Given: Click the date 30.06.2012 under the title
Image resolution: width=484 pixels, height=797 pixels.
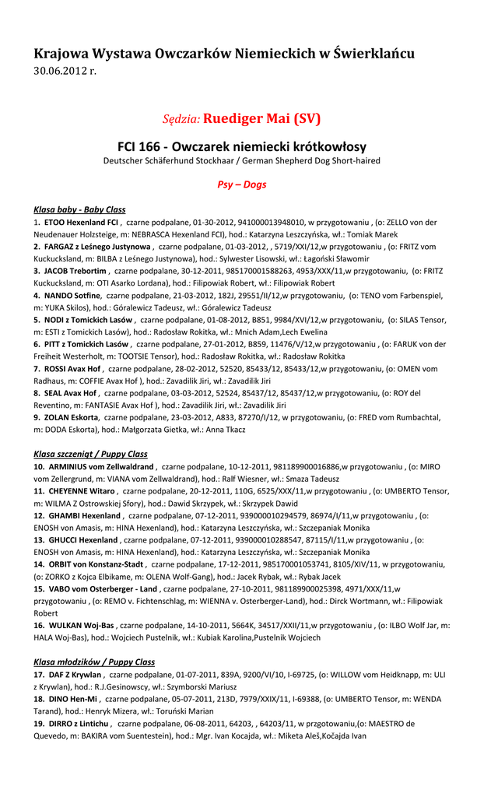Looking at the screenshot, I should coord(65,71).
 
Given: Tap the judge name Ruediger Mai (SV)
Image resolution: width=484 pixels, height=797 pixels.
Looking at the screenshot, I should coord(262,119).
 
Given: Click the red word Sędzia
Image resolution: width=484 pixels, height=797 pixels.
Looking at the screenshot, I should coord(181,119).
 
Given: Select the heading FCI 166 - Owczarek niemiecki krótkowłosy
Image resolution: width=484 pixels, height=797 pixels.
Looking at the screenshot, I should coord(242,146).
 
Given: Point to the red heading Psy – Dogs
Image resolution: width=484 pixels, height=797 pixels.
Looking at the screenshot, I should coord(241,184).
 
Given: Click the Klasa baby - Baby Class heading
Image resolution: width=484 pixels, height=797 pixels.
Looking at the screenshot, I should coord(79,209).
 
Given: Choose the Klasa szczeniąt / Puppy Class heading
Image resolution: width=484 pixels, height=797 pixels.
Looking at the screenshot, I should coord(90,454).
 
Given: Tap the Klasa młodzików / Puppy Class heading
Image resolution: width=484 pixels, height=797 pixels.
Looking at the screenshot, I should coord(94,662).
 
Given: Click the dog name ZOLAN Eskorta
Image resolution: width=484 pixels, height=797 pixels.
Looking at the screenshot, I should coord(72,417).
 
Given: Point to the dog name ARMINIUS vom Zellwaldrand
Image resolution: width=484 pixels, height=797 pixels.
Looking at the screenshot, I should coord(101,466).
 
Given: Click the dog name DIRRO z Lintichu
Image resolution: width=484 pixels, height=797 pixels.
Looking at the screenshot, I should coord(79,723).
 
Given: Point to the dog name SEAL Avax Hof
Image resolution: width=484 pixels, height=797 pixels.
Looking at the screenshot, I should coord(72,393).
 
